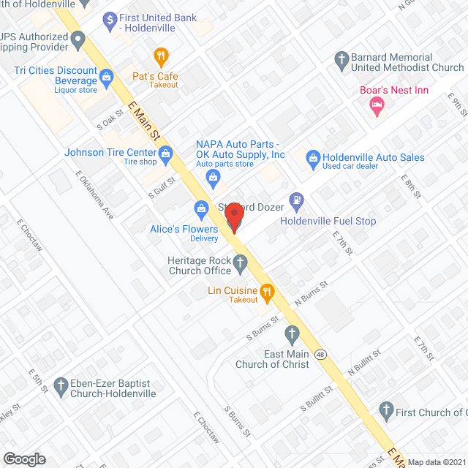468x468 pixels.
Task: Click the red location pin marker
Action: coord(234,216)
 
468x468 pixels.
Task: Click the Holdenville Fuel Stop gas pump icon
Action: coord(296,199)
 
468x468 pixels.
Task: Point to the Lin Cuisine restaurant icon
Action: coord(267,293)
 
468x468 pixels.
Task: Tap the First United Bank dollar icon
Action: coord(110,18)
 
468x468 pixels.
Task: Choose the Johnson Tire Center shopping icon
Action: coord(166,153)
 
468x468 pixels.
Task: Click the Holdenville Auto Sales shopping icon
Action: coord(313,157)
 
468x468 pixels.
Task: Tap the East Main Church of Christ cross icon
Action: coord(292,336)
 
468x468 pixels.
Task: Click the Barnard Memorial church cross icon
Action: coord(341,58)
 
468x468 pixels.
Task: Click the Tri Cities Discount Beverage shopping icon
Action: coord(107,75)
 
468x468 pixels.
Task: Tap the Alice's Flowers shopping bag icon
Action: coord(200,208)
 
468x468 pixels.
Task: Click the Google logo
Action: coord(24,458)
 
